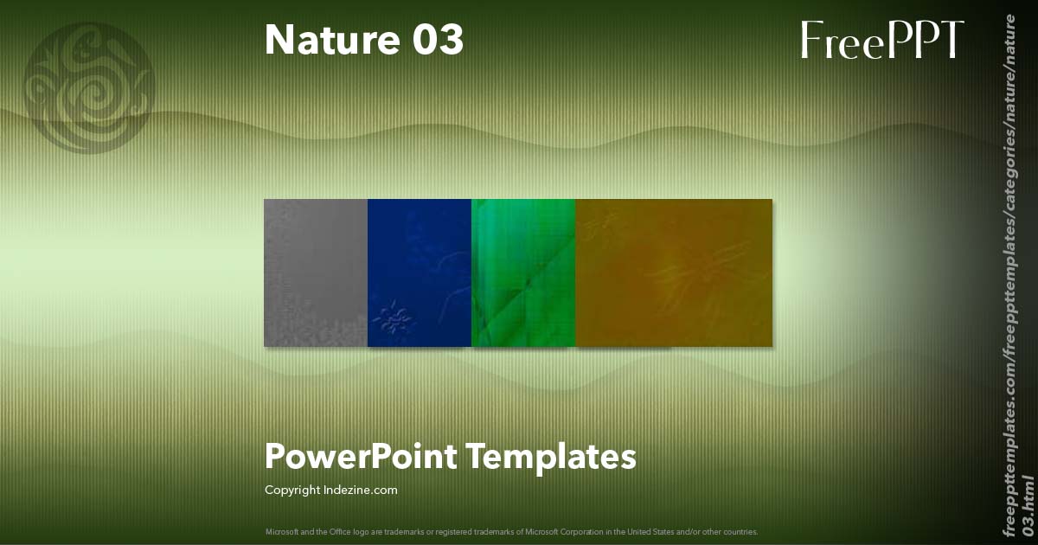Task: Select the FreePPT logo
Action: click(881, 40)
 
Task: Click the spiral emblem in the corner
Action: click(90, 87)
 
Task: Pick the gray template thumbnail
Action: click(316, 272)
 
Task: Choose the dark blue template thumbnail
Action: click(420, 272)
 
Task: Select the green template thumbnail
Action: click(523, 272)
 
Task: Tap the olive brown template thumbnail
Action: click(674, 272)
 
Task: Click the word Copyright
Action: click(292, 490)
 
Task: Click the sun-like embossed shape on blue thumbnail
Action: click(394, 320)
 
